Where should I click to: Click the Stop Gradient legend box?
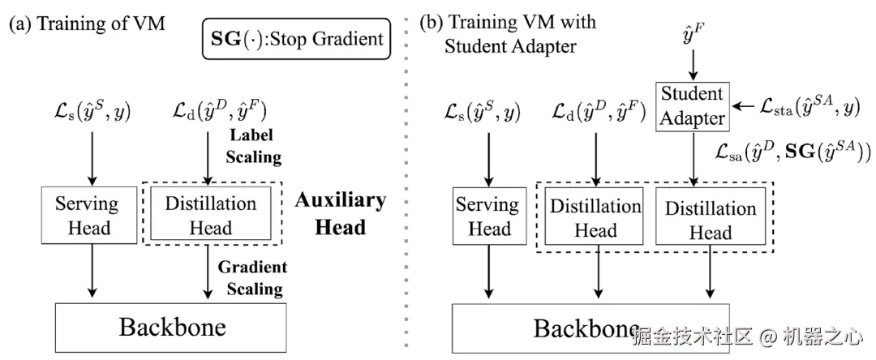(x=296, y=38)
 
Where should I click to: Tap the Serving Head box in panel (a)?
(x=87, y=214)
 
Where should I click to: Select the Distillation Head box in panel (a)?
(x=211, y=216)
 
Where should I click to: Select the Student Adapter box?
(x=692, y=105)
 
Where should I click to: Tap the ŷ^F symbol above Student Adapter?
(x=692, y=35)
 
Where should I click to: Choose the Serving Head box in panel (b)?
(x=489, y=216)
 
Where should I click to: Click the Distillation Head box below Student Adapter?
(x=711, y=219)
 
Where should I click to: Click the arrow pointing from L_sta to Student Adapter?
(x=741, y=106)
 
